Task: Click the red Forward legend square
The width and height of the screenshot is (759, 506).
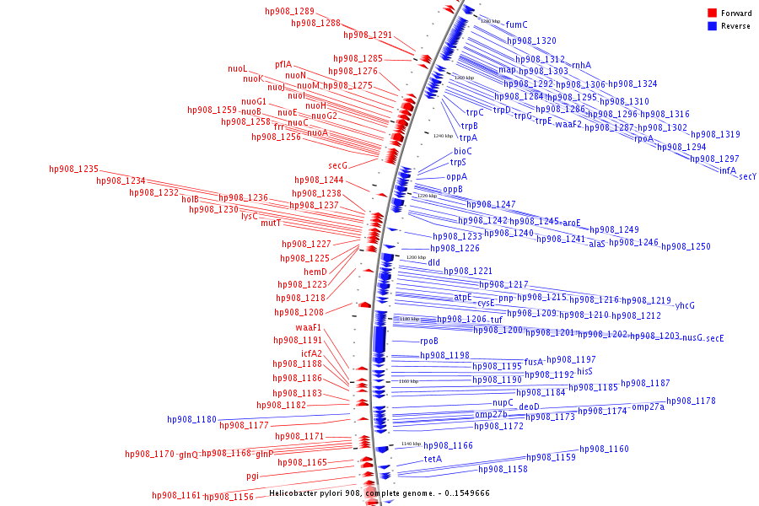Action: [712, 13]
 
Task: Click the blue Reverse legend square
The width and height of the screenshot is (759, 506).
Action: [712, 25]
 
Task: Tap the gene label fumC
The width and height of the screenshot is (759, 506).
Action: [516, 24]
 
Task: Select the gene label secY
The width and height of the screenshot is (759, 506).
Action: [747, 176]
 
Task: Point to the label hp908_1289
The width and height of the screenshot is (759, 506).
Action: [289, 11]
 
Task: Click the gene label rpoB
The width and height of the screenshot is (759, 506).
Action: [429, 341]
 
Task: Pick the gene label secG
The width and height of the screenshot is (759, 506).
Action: [337, 165]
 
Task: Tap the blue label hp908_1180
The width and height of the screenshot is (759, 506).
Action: [191, 419]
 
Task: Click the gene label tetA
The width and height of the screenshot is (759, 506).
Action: [433, 460]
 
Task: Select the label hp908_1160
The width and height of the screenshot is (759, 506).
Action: [604, 449]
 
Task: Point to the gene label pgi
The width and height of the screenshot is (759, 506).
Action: [252, 476]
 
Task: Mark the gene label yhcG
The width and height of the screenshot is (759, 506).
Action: [685, 305]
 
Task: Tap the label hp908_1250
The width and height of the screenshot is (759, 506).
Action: [686, 246]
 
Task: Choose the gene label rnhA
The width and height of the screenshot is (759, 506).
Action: [581, 65]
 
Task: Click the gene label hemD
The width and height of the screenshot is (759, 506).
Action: [315, 272]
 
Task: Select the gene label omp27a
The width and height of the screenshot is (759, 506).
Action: [648, 406]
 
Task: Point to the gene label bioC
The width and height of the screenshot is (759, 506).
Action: [463, 151]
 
